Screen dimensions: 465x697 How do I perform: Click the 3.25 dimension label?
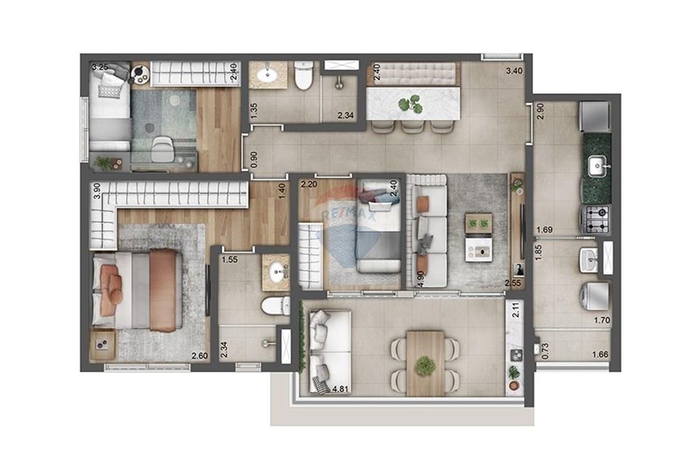(x=100, y=68)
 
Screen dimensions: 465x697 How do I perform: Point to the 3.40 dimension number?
(x=514, y=70)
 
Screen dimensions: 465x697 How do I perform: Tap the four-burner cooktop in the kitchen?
(x=597, y=219)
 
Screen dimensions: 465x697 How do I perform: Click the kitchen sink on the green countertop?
(x=597, y=166)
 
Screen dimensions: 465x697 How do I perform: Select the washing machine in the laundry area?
(x=595, y=294)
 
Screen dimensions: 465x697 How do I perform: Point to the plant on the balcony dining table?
(x=424, y=365)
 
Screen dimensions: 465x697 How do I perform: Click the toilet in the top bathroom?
(x=303, y=76)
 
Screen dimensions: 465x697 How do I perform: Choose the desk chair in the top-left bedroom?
(x=163, y=147)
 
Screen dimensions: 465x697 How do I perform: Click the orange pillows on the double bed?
(x=111, y=282)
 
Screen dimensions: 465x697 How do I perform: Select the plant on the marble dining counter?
(x=408, y=105)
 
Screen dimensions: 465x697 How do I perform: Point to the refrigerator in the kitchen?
(x=597, y=116)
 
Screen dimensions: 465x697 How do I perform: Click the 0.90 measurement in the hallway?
(x=254, y=159)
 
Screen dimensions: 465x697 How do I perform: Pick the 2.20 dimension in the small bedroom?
(x=309, y=185)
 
